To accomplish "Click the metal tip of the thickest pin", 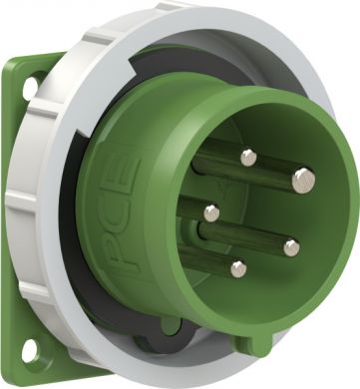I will click(303, 180).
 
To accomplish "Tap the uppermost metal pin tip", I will click(248, 157).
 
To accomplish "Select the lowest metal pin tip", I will click(238, 268).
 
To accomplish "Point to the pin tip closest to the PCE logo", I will click(210, 211).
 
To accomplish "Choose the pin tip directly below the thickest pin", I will click(291, 247).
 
